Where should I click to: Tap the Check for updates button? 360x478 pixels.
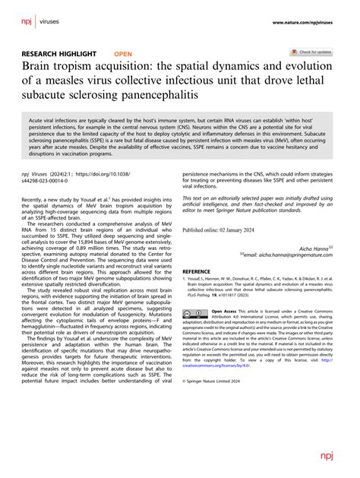coord(312,52)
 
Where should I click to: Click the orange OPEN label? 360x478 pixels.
coord(122,54)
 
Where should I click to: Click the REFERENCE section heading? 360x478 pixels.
coord(197,271)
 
